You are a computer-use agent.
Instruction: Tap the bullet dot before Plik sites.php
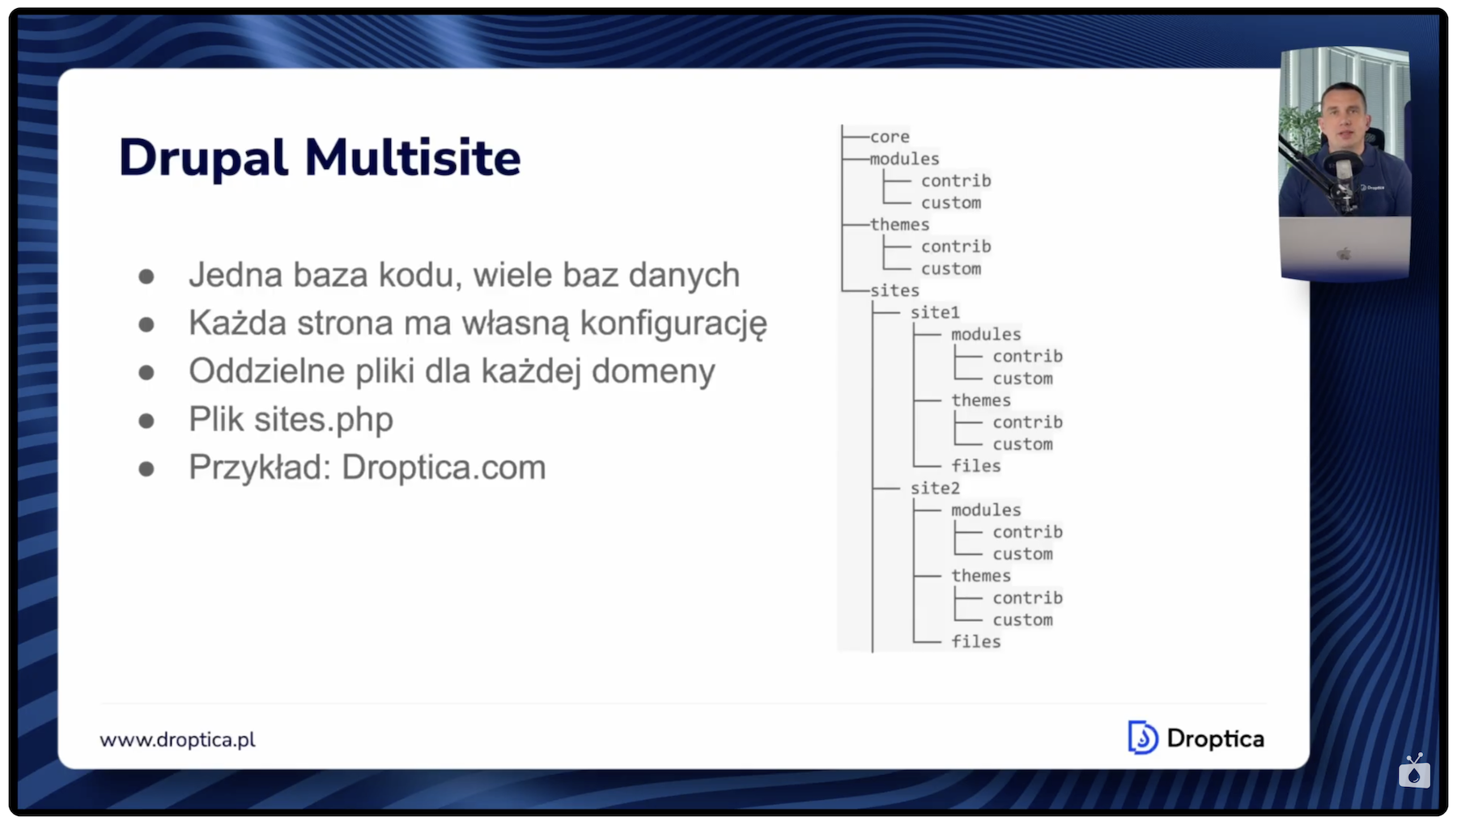(147, 421)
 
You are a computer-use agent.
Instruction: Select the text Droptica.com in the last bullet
(444, 467)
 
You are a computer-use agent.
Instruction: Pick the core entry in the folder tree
(890, 137)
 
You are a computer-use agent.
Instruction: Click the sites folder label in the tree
(894, 290)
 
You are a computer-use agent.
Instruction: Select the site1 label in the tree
(935, 312)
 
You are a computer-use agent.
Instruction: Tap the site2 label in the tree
(935, 488)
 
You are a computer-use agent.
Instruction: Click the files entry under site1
(976, 466)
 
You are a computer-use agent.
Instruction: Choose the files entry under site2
(976, 641)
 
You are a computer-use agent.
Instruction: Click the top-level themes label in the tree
(899, 224)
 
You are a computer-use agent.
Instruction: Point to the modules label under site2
(986, 510)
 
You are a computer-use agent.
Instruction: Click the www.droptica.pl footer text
(177, 739)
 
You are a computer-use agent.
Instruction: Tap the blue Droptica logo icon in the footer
(1142, 738)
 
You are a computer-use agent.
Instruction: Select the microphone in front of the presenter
(1344, 174)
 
